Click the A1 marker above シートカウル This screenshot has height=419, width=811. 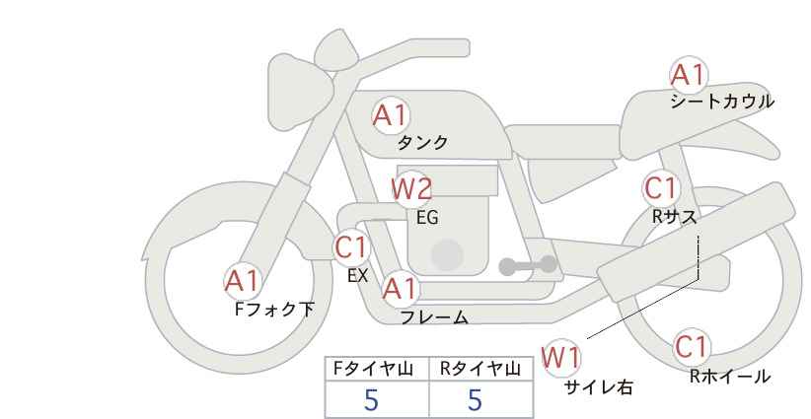(689, 75)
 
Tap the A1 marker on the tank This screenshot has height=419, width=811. (391, 115)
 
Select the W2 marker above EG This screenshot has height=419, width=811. (411, 189)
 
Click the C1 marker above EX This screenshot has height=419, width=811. (351, 247)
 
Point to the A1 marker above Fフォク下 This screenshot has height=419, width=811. (243, 282)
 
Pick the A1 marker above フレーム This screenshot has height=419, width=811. (400, 289)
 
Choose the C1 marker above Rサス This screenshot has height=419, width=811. (660, 188)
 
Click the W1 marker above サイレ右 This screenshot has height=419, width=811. (561, 357)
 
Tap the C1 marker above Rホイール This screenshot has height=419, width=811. (692, 347)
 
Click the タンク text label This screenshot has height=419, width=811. (422, 143)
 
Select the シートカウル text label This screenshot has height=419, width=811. (722, 102)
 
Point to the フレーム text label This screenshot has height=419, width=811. (434, 317)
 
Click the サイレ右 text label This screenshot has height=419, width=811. (599, 387)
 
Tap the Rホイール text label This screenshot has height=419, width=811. (730, 377)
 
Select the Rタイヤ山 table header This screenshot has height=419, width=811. (480, 369)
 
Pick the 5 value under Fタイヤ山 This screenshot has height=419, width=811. (371, 400)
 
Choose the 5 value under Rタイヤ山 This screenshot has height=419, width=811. (475, 400)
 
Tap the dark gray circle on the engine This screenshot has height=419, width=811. (447, 254)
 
